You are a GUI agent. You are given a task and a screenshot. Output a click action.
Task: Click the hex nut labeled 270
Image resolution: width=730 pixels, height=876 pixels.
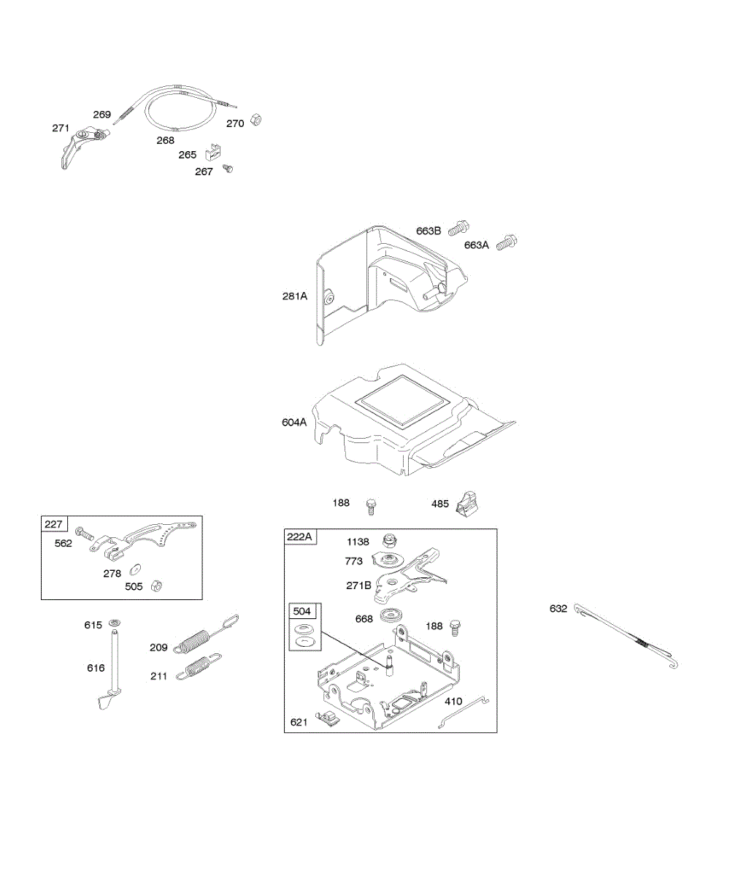tap(256, 120)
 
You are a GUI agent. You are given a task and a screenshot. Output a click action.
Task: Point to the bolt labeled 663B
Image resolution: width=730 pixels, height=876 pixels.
tap(458, 228)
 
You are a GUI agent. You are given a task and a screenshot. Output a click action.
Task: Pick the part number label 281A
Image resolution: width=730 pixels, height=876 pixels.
tap(295, 296)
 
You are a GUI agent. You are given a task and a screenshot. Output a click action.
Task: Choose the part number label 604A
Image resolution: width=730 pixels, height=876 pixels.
tap(293, 421)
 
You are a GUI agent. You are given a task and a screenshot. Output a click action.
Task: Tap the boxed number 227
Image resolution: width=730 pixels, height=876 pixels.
tap(54, 523)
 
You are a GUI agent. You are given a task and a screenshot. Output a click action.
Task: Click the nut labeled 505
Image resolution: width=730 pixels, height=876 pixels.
tap(155, 585)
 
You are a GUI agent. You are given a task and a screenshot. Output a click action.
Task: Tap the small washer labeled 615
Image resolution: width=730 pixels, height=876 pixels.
tap(115, 623)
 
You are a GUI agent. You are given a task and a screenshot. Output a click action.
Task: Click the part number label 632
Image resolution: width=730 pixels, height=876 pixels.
tap(558, 608)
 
